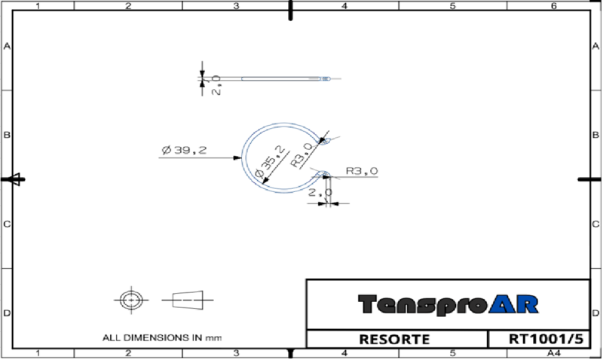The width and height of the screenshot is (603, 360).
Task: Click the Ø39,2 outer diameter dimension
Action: (185, 150)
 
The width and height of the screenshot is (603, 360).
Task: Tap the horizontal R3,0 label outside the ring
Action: (362, 171)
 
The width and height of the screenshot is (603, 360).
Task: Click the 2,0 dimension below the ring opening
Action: (320, 193)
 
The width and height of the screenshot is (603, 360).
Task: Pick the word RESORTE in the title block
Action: (396, 340)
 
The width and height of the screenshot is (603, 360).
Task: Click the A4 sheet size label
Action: (554, 353)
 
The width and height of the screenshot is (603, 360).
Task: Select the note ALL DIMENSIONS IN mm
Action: (162, 338)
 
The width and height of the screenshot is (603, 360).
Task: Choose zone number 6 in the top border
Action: (554, 6)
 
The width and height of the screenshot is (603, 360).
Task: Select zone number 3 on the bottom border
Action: (236, 353)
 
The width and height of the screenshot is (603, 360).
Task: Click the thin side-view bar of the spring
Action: (279, 78)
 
